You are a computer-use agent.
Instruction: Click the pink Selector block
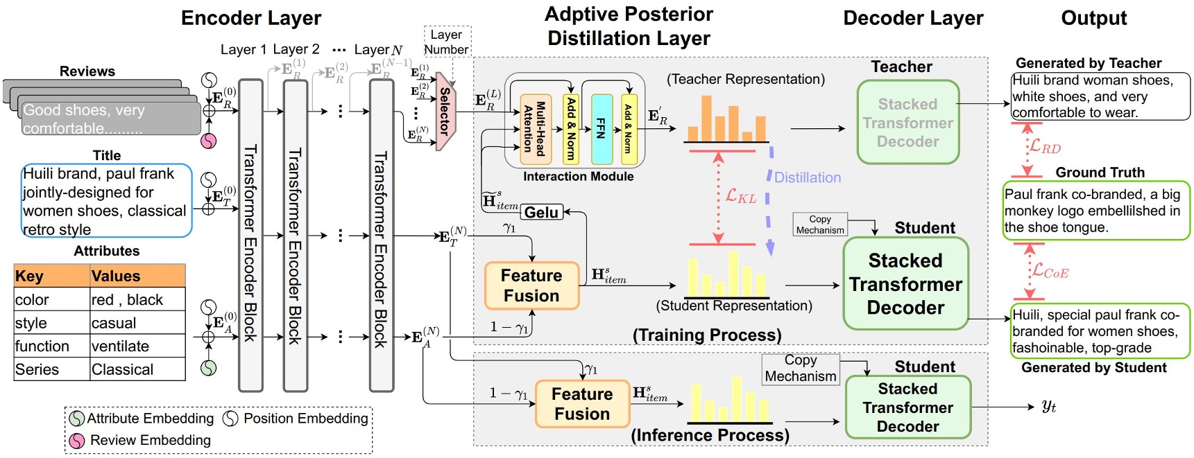pyautogui.click(x=445, y=111)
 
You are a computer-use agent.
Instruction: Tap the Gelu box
pyautogui.click(x=542, y=213)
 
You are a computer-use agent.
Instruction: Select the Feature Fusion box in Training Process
pyautogui.click(x=531, y=285)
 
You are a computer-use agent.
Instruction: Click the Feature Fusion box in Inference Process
pyautogui.click(x=582, y=404)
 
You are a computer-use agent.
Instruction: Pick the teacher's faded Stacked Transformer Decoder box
pyautogui.click(x=907, y=123)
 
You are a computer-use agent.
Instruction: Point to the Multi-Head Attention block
pyautogui.click(x=535, y=128)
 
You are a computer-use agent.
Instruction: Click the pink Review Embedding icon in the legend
pyautogui.click(x=77, y=441)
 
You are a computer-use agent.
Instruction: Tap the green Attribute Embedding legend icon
pyautogui.click(x=77, y=419)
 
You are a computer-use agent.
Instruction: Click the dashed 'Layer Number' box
pyautogui.click(x=447, y=42)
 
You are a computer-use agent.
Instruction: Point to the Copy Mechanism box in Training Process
pyautogui.click(x=820, y=224)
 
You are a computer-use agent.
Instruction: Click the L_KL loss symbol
pyautogui.click(x=740, y=196)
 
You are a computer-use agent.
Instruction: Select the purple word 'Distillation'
pyautogui.click(x=808, y=178)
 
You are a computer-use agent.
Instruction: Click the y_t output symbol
pyautogui.click(x=1048, y=407)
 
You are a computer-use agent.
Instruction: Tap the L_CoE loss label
pyautogui.click(x=1050, y=272)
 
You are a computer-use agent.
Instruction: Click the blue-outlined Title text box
pyautogui.click(x=106, y=201)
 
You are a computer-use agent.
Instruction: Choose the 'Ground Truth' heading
pyautogui.click(x=1100, y=173)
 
